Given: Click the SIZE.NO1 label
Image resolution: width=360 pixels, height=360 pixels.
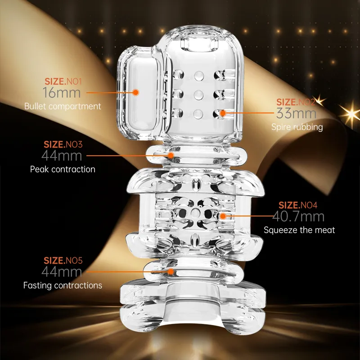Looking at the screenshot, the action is (63, 81).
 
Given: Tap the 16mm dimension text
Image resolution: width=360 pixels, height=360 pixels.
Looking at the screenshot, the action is (62, 93).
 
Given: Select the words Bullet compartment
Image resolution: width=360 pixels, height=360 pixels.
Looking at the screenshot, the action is (63, 106).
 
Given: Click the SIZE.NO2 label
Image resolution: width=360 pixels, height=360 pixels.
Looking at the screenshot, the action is (296, 102).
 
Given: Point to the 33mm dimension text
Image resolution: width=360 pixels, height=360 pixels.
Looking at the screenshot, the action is (296, 113).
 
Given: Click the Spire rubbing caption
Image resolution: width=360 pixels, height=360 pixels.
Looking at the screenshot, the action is (297, 127).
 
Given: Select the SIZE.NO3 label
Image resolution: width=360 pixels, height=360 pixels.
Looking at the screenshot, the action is (63, 144).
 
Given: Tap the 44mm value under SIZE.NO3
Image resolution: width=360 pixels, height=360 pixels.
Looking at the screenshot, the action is (62, 156).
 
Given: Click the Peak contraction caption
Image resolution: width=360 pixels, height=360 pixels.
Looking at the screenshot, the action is (63, 169).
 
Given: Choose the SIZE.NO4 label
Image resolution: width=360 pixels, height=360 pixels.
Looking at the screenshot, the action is (298, 205).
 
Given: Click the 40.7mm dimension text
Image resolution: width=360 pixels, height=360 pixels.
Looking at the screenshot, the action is (298, 216).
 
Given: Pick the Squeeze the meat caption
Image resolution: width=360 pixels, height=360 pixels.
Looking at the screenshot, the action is (299, 230).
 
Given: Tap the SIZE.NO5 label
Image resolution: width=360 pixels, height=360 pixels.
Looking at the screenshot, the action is (63, 261).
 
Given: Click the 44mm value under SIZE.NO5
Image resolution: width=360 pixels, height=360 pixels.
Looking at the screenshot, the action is (62, 272).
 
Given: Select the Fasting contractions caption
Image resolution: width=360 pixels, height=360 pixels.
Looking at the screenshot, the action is (63, 285).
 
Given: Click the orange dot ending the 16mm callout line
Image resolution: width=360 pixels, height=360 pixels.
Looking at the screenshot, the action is (136, 92).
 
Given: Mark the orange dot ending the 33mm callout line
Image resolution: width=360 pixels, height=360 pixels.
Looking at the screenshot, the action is (223, 113).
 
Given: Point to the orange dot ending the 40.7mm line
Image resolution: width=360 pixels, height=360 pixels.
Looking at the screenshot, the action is (223, 216).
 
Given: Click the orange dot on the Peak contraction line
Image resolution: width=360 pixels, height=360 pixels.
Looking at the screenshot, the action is (171, 155).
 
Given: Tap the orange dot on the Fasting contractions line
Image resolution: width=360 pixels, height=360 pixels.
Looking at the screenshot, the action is (171, 272).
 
